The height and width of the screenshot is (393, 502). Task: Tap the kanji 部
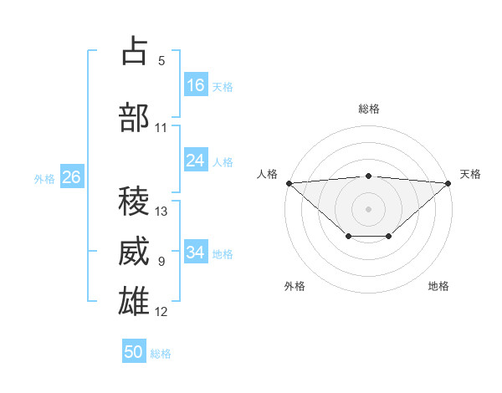pyautogui.click(x=135, y=118)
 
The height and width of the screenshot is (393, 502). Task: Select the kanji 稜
pyautogui.click(x=135, y=201)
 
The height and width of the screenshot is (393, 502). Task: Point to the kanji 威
pyautogui.click(x=135, y=252)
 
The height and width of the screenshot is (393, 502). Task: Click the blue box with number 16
pyautogui.click(x=196, y=85)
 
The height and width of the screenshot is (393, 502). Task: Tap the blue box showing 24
pyautogui.click(x=196, y=161)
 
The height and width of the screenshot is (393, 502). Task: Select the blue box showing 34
pyautogui.click(x=196, y=253)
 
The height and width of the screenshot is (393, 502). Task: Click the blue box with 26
pyautogui.click(x=72, y=177)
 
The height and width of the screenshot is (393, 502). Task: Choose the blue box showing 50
pyautogui.click(x=134, y=352)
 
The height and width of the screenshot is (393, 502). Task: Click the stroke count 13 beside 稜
pyautogui.click(x=161, y=212)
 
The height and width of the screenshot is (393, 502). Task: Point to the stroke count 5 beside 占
pyautogui.click(x=161, y=60)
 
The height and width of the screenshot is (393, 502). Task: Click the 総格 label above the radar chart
pyautogui.click(x=369, y=109)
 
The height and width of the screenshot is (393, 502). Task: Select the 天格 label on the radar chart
pyautogui.click(x=471, y=174)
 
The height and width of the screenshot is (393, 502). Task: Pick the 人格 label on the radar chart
pyautogui.click(x=267, y=174)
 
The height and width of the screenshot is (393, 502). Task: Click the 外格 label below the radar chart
pyautogui.click(x=295, y=286)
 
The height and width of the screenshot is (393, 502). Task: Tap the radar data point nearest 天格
pyautogui.click(x=448, y=182)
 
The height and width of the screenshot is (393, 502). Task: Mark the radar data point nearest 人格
pyautogui.click(x=289, y=182)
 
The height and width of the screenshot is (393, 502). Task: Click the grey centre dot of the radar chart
pyautogui.click(x=369, y=208)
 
